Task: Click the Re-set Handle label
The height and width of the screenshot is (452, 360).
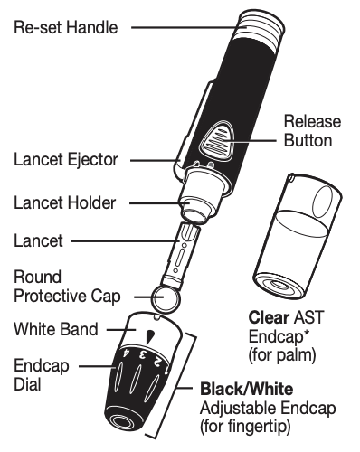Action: tap(66, 27)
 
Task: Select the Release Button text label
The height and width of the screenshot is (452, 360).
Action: tap(312, 131)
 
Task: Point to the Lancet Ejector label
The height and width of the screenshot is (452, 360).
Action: tap(66, 159)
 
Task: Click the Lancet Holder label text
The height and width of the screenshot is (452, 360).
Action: tap(65, 202)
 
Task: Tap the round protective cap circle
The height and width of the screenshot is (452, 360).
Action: tap(166, 298)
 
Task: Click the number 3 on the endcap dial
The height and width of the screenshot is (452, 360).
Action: tap(143, 354)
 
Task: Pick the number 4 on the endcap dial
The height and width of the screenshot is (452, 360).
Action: tap(127, 353)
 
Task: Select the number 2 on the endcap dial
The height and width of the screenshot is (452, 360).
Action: tap(156, 361)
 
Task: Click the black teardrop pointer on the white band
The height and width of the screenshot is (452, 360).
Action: tap(150, 336)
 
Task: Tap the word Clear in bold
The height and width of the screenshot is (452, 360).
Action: tap(269, 317)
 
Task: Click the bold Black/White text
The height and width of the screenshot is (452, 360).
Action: tap(246, 389)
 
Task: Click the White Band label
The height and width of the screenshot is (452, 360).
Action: tap(56, 329)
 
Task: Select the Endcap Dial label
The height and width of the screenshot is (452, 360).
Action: tap(42, 375)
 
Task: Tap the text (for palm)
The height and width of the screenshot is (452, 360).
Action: tap(282, 355)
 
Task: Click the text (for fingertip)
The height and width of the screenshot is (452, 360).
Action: tap(245, 428)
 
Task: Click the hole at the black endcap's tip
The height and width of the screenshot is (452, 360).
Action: tap(120, 421)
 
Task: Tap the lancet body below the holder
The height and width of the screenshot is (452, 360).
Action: tap(181, 255)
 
